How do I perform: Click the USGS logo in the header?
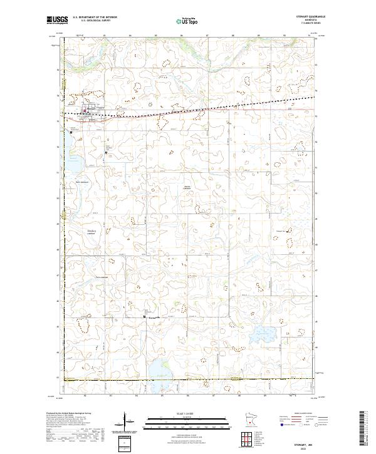[x=58, y=20]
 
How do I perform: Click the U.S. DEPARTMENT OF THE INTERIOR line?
[x=94, y=18]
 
